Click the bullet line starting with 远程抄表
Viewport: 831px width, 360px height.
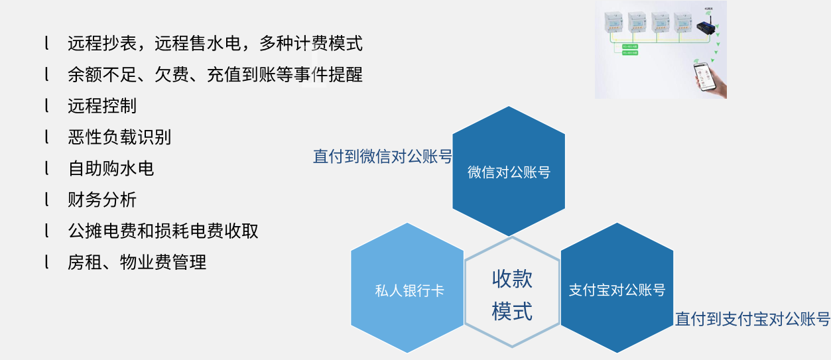pos(215,44)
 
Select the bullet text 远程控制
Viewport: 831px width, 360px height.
pos(102,105)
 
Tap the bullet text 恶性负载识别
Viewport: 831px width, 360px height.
pos(119,137)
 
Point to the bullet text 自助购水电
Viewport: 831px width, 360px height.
pos(111,168)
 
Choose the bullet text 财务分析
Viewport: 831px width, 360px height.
pos(102,200)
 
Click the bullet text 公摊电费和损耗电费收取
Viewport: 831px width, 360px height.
pos(163,231)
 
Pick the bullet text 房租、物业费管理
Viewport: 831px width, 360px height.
pos(137,262)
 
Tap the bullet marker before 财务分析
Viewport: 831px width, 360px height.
pos(47,200)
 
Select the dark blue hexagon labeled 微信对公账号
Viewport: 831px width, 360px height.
pos(509,172)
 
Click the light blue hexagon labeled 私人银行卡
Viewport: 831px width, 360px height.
pos(407,290)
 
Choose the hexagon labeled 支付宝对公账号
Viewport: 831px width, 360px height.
pos(617,290)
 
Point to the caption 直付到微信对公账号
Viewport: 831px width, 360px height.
pos(383,156)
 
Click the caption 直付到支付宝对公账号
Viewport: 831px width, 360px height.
pos(752,319)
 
